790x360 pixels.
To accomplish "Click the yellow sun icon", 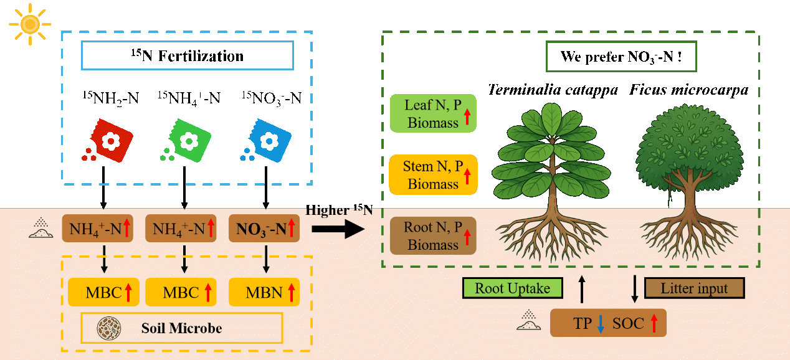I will point(29,24).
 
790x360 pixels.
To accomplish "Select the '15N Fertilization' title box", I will point(188,56).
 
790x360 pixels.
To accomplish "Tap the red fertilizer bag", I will point(110,141).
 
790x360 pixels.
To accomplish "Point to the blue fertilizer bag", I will point(268,140).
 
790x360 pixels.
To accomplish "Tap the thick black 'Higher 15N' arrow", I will point(337,229).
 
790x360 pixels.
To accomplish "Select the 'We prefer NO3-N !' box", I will point(621,57).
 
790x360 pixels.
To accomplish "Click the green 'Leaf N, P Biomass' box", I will point(433,113).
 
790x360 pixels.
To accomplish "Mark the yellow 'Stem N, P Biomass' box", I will point(433,174).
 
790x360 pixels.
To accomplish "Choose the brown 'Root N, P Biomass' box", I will point(433,235).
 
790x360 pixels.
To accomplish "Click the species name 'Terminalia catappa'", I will point(553,90).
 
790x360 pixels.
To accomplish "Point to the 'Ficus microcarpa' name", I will point(688,90).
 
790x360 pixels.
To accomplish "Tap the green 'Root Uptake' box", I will point(512,288).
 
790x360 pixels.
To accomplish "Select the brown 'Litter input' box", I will point(694,288).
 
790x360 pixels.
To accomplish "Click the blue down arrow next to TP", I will point(601,323).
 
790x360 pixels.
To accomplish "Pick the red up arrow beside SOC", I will point(654,323).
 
